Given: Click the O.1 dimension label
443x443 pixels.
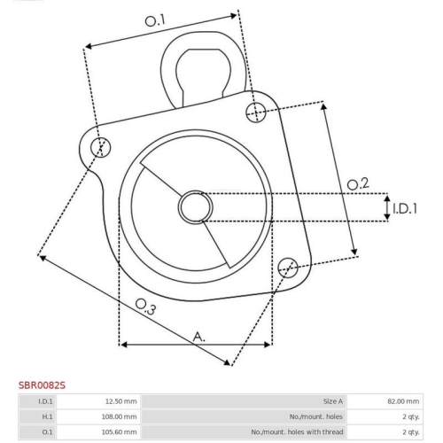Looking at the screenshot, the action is [x=155, y=21].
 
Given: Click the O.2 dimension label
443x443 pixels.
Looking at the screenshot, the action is [x=358, y=184].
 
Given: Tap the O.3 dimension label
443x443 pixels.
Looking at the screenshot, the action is [x=145, y=307].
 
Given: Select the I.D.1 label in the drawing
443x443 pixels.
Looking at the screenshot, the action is [x=405, y=208].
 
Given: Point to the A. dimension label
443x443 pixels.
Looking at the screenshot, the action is [x=199, y=337].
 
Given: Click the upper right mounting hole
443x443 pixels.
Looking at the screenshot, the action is [x=256, y=113].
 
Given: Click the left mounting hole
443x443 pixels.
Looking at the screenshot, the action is [x=101, y=147].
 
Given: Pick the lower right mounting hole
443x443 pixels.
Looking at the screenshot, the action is [x=288, y=268].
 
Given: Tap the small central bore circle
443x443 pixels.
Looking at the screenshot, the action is [x=195, y=207].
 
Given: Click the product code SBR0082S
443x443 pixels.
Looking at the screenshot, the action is [x=42, y=385].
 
